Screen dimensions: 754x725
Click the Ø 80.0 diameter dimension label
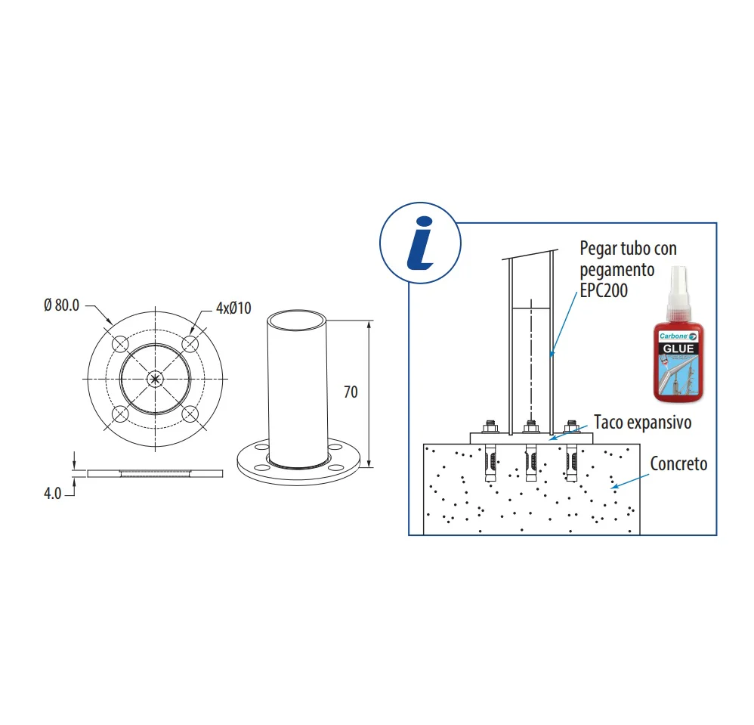point(61,305)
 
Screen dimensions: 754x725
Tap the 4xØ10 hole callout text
point(233,308)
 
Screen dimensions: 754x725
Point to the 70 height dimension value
point(351,392)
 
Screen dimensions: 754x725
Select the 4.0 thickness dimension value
point(52,494)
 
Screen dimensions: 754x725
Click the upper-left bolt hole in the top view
point(120,344)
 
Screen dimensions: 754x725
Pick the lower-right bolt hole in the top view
point(190,414)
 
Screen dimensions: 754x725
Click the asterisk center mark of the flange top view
point(155,379)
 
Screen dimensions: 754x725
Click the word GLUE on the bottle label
point(678,349)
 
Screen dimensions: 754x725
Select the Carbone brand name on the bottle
point(673,336)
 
